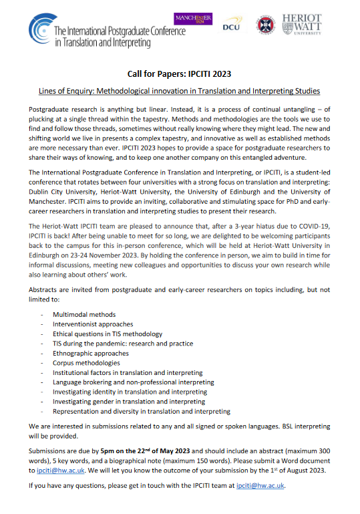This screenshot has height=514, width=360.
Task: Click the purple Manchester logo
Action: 191,19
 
